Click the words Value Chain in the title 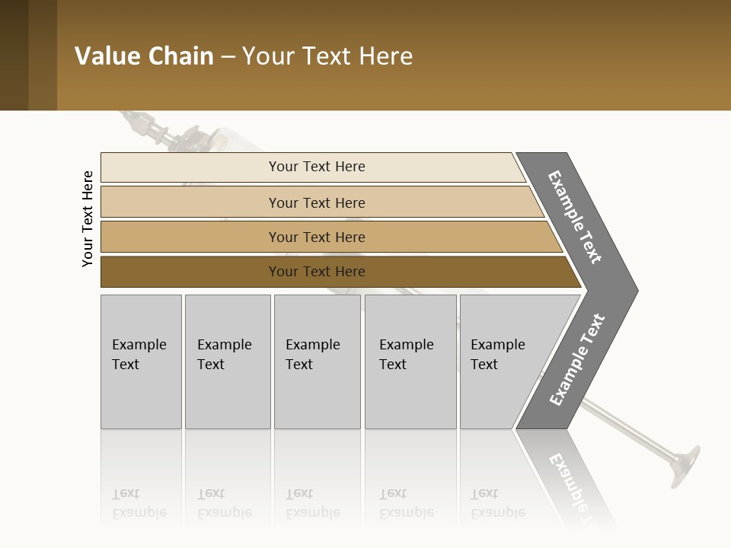(144, 56)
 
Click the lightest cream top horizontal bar (190, 167)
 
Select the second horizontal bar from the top (190, 202)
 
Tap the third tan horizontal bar (190, 237)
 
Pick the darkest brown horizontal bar (190, 272)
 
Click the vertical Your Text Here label (88, 218)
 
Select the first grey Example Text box (141, 362)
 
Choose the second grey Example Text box (228, 362)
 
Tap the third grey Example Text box (317, 362)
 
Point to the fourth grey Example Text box (410, 362)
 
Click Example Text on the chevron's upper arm (575, 217)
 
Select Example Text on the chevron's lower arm (576, 360)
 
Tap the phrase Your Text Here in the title (327, 56)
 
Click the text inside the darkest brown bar (317, 272)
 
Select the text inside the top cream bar (317, 167)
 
